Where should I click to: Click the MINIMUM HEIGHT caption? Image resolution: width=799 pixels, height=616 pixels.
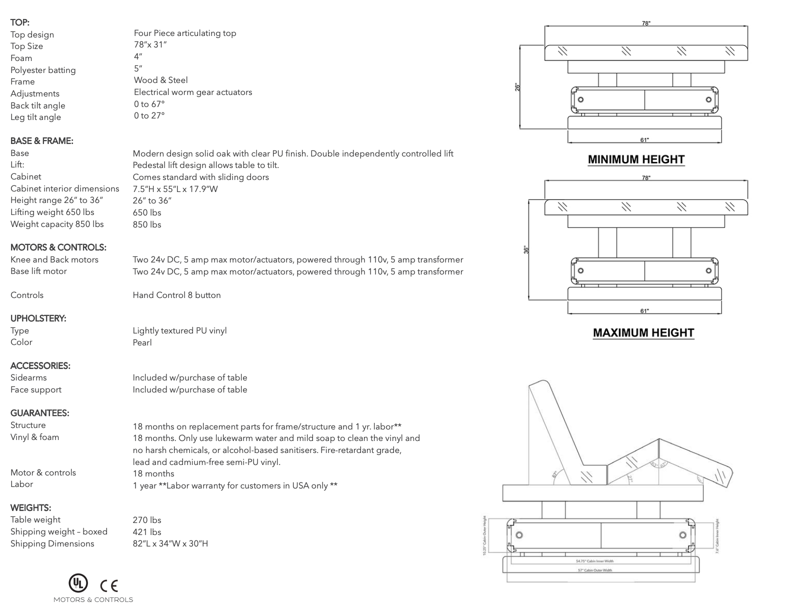[x=635, y=159]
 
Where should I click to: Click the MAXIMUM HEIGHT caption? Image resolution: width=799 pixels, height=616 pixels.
[x=643, y=333]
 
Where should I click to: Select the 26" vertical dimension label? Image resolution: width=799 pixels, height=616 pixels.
[x=518, y=86]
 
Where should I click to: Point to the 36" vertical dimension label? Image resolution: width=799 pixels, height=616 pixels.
[x=525, y=249]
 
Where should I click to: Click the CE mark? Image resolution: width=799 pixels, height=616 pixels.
[x=108, y=585]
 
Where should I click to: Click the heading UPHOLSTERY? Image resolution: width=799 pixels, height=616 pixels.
[x=38, y=318]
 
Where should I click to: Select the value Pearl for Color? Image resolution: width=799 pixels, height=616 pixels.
[x=142, y=342]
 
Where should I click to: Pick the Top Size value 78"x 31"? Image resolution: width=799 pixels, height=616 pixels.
[x=150, y=44]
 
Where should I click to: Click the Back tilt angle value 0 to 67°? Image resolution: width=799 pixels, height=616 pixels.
[x=149, y=104]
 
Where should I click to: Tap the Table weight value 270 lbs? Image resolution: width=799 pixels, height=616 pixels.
[x=146, y=520]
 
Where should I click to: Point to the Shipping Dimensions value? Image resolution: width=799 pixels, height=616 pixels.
[x=170, y=543]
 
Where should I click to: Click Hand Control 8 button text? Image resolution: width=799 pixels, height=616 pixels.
[x=176, y=295]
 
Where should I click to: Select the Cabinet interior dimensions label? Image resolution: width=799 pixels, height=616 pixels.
[x=64, y=188]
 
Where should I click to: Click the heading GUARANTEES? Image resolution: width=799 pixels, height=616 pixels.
[x=39, y=413]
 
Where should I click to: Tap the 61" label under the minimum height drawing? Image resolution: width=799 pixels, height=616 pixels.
[x=644, y=140]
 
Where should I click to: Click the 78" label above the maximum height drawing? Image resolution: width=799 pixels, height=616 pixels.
[x=646, y=178]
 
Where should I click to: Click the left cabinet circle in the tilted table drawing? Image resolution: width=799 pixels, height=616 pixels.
[x=519, y=535]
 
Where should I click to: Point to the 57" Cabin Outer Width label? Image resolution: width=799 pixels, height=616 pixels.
[x=594, y=570]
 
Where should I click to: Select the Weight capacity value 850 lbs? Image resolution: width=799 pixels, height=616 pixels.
[x=146, y=224]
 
